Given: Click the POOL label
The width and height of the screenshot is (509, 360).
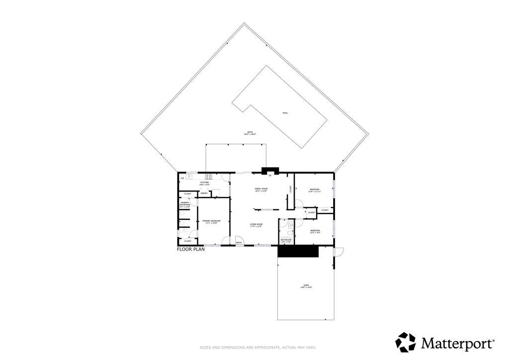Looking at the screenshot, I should pos(285,113).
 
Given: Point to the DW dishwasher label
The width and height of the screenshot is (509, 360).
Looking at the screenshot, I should pos(182,178).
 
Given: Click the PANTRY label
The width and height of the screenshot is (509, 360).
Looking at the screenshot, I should pos(204,193).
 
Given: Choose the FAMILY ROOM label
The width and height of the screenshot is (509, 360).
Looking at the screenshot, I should pos(261,189).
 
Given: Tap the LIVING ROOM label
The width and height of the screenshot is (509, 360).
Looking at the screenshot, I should pos(256,225).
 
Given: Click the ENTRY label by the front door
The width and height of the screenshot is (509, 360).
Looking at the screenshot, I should pos(239,243).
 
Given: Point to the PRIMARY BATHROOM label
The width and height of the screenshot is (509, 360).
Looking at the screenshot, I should pos(184,204).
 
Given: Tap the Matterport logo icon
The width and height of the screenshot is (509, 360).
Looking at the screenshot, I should pos(405,342).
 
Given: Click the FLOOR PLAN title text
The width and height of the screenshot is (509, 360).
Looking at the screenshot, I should pos(191,250).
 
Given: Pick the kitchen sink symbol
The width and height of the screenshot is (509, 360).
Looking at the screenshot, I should pos(189,176).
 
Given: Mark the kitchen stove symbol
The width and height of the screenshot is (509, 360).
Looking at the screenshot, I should pos(209,176).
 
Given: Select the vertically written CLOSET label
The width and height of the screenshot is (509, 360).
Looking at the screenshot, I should pos(291,189).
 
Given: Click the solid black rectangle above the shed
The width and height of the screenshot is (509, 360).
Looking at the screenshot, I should pos(298,253).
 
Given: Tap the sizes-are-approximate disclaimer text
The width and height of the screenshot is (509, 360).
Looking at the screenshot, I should pos(257,347).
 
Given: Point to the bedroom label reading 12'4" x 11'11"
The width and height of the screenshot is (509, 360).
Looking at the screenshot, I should pos(315,190).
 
